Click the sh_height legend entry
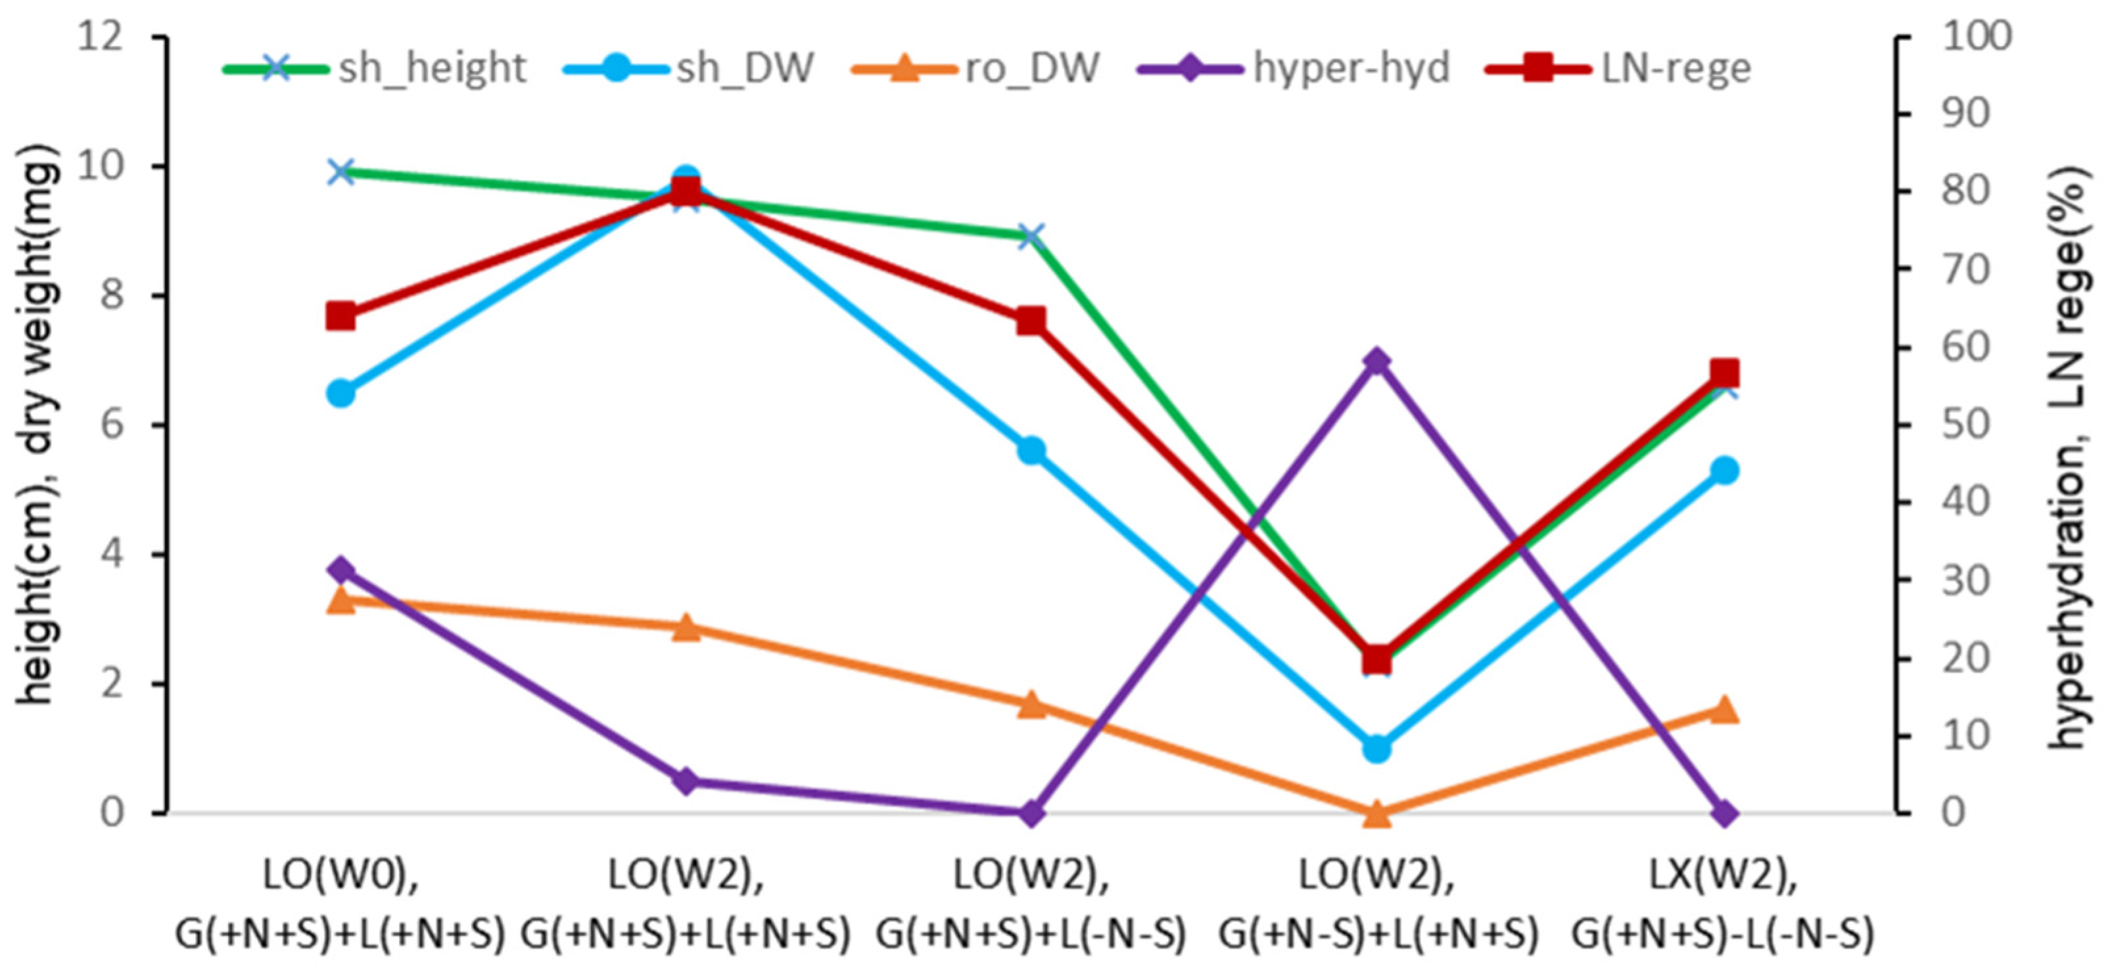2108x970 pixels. [377, 67]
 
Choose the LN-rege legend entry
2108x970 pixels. [1620, 67]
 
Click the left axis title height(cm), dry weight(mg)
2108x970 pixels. [39, 425]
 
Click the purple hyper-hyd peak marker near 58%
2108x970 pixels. [1376, 361]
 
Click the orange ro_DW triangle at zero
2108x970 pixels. [1376, 813]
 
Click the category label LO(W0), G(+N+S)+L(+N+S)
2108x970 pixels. [340, 904]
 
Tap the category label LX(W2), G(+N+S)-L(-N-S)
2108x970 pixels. [1725, 904]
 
